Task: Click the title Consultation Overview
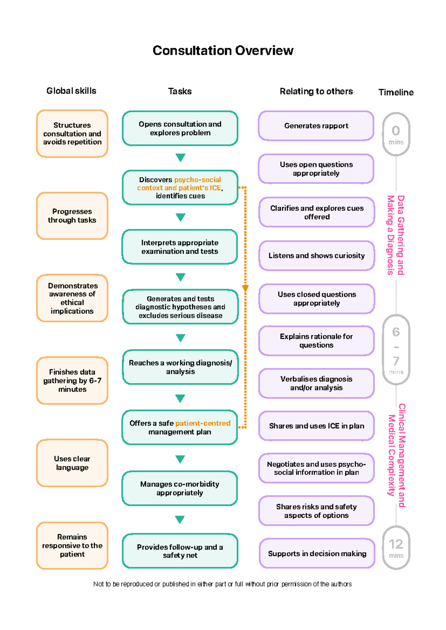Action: coord(223,51)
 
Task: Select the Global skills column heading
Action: coord(71,91)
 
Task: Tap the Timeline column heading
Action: coord(396,92)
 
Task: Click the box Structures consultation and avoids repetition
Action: coord(72,134)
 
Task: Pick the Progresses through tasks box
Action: coord(72,216)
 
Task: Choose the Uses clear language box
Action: coord(72,463)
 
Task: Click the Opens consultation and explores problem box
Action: coord(180,129)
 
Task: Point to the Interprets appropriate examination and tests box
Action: coord(180,247)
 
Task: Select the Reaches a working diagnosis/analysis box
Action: coord(180,367)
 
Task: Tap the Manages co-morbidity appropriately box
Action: coord(180,488)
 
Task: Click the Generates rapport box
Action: coord(316,126)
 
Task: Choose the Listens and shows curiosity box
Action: coord(317,256)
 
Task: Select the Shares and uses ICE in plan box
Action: coord(317,426)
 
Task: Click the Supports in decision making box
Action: coord(317,553)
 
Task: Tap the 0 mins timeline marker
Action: coord(396,134)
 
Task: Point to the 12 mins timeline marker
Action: coord(396,548)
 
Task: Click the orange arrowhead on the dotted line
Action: coord(245,288)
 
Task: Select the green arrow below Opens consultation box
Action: coord(181,157)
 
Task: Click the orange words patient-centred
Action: coord(203,423)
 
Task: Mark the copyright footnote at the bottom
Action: coord(223,584)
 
